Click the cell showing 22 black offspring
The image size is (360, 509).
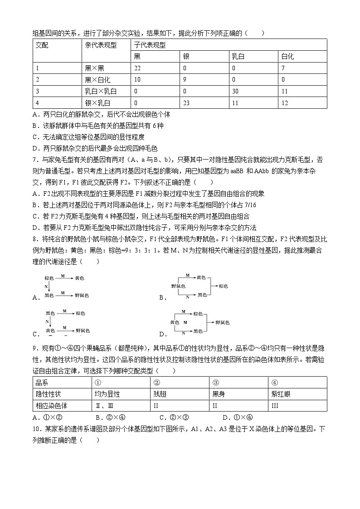(x=137, y=68)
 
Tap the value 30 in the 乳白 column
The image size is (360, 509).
(x=235, y=92)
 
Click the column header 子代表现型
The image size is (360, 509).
(x=150, y=45)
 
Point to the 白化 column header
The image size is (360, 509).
(x=287, y=57)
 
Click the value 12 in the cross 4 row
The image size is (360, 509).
(x=284, y=103)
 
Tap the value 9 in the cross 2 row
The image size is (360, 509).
(x=184, y=80)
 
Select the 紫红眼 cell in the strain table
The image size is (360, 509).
(x=281, y=394)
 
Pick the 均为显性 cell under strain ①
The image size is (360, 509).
(x=107, y=394)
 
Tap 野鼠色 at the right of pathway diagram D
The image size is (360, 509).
(x=222, y=322)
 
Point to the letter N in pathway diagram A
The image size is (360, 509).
(x=46, y=287)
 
